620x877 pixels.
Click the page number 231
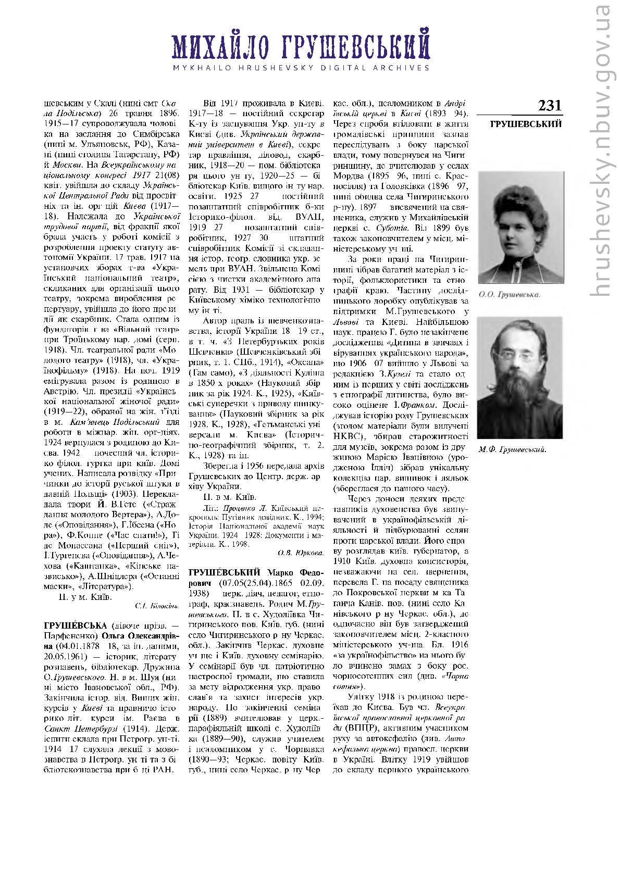tap(550, 106)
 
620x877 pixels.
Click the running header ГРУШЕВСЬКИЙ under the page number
tap(526, 124)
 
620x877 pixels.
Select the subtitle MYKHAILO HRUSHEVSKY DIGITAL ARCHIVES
tap(302, 68)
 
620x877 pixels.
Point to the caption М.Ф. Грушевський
tap(512, 449)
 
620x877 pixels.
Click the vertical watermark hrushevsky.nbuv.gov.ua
tap(602, 151)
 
